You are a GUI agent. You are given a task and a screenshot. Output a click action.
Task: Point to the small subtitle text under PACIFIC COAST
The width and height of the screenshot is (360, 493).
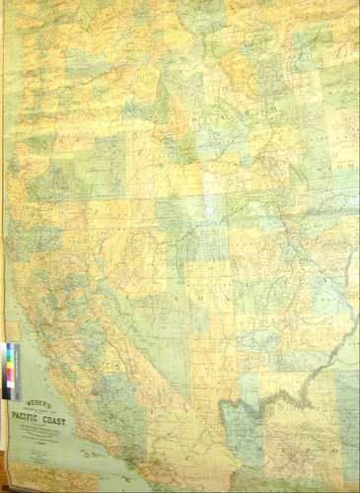click(x=42, y=435)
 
